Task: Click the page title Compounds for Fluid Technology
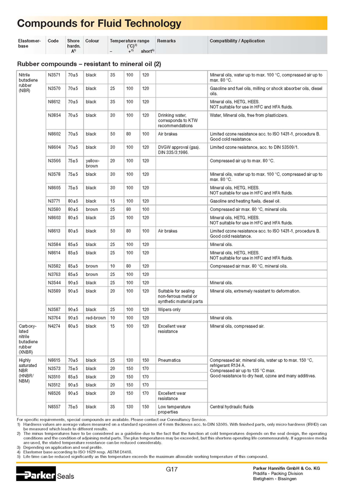coord(99,23)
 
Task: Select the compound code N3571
coord(54,75)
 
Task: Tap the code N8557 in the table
coord(54,406)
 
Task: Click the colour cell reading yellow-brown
coord(92,163)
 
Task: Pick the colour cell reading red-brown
coord(95,317)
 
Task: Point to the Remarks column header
coord(166,41)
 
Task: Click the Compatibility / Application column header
coord(237,41)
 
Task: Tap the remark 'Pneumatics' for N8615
coord(169,360)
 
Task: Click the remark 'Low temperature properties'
coord(174,409)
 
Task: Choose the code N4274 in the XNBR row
coord(54,326)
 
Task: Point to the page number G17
coord(172,469)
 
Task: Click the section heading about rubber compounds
coord(89,63)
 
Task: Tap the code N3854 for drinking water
coord(54,115)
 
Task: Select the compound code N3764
coord(54,317)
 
